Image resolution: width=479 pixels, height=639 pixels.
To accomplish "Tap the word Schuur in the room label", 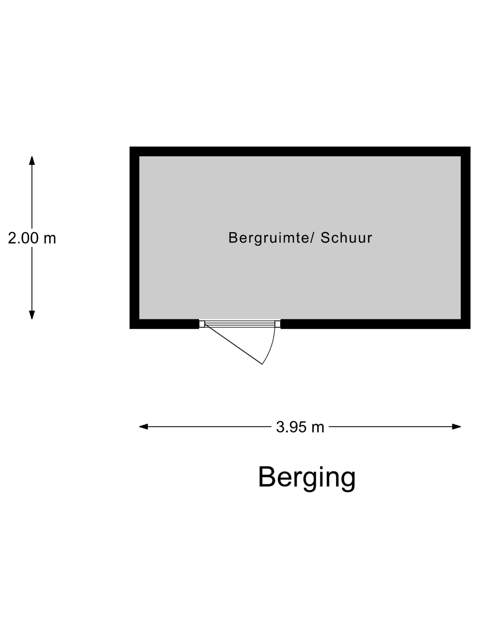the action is coord(346,238).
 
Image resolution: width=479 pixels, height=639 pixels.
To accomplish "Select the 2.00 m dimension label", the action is coord(32,238).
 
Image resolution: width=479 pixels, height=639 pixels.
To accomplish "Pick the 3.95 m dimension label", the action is coord(300,427).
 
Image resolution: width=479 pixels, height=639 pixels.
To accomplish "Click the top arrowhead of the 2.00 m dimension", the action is coord(32,160).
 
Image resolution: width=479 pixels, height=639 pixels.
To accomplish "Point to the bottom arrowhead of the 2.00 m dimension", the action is coord(32,315).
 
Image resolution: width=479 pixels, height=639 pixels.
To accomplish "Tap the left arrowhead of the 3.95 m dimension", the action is coord(143,427).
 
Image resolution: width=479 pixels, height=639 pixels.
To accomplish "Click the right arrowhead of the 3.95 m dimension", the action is coord(456,427).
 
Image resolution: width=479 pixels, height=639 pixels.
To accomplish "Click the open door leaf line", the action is coord(233,344).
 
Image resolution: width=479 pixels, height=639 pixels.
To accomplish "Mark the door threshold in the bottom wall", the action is coord(240,324).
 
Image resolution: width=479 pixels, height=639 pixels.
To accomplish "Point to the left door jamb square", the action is coord(202,324).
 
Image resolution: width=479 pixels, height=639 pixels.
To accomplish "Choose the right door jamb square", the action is coord(277,324).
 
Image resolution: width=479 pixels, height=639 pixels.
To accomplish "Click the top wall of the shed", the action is coord(300,151).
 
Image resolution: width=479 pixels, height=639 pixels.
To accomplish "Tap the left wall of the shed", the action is coord(135,238).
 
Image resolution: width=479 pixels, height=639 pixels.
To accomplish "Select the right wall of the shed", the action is coord(466,238).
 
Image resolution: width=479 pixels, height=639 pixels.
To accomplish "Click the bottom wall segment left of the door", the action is coord(164,324).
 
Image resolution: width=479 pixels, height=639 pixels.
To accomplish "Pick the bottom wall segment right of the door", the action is coord(375,324).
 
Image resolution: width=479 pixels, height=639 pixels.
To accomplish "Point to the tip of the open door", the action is coord(262,364).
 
